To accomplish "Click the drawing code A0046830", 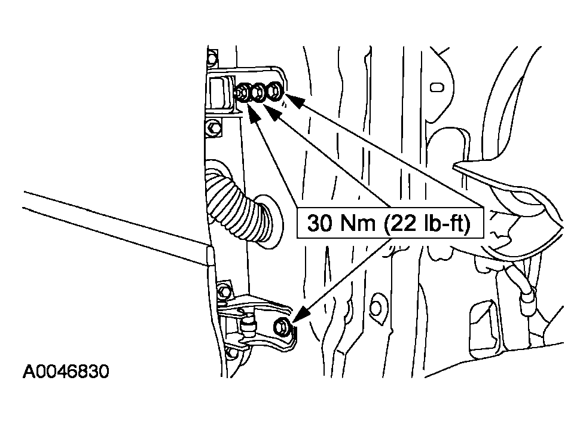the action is [x=66, y=372].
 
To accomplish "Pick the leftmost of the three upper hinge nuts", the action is [x=243, y=92].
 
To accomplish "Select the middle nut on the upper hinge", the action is [x=258, y=92].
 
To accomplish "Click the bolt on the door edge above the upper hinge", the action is [x=212, y=58].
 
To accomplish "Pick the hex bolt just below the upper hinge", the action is [x=212, y=127].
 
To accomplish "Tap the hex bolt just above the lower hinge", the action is [x=224, y=291].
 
